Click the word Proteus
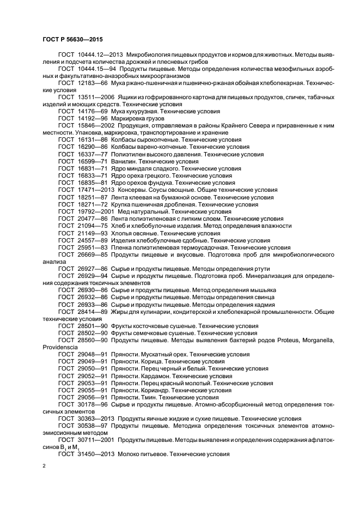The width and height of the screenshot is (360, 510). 284,339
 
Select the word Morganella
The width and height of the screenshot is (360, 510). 316,339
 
